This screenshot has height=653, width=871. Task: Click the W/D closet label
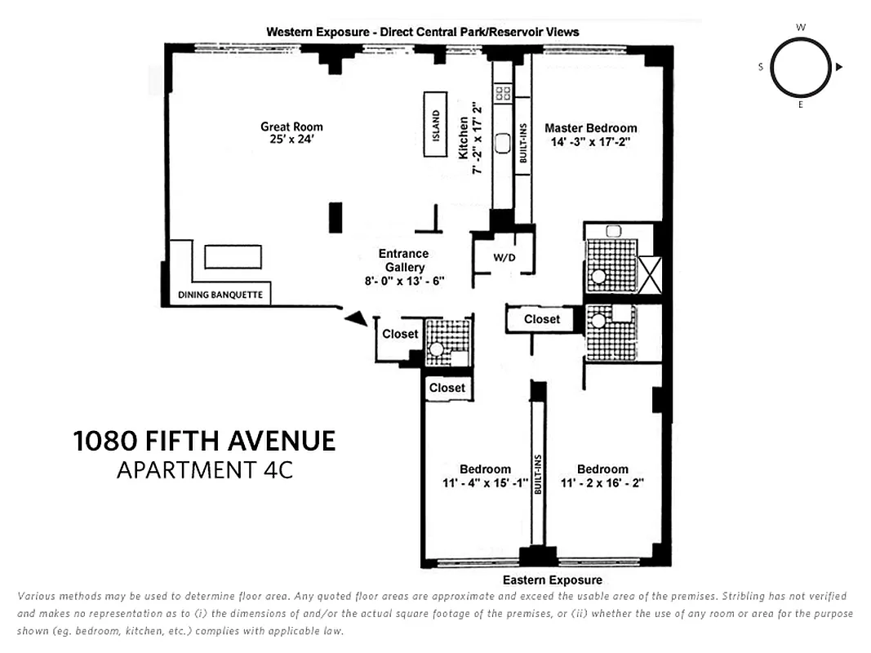pos(504,259)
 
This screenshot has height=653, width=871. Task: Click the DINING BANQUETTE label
pos(220,295)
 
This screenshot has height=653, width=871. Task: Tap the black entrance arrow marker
pos(356,319)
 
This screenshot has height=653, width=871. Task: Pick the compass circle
pos(801,67)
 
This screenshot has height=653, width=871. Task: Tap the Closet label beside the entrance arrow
pos(400,334)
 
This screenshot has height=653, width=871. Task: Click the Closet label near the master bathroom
pos(542,319)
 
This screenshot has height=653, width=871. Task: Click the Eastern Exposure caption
pos(552,580)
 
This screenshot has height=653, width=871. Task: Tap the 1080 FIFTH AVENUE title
pos(204,442)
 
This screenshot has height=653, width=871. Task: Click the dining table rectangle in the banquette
pos(233,256)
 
